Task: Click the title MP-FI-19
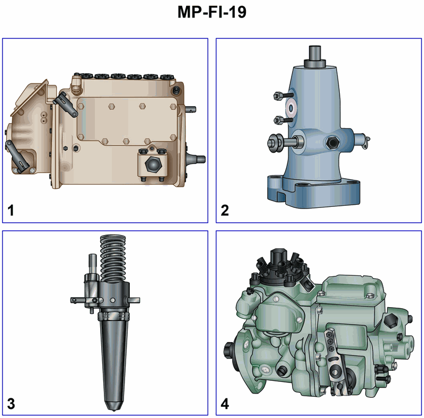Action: (211, 12)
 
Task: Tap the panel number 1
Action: (11, 211)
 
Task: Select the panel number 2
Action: (225, 211)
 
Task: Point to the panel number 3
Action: (11, 404)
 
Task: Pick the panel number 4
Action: (225, 404)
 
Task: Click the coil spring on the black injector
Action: (113, 258)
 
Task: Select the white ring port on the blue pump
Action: (291, 109)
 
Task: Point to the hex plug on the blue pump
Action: (332, 142)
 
